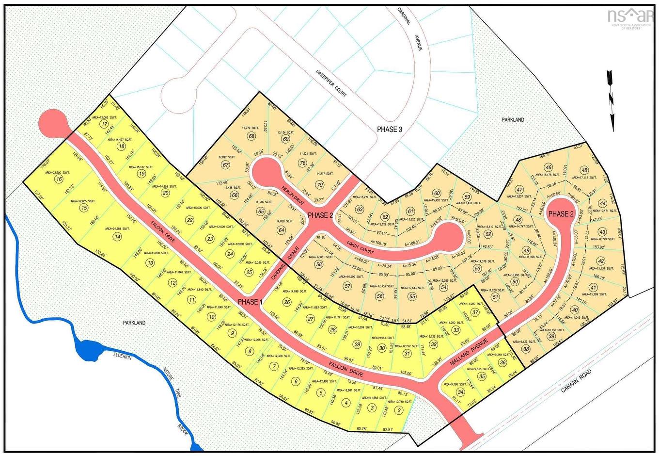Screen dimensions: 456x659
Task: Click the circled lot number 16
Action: (x=59, y=179)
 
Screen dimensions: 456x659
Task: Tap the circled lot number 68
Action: (x=251, y=136)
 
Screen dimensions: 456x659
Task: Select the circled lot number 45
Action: (x=585, y=170)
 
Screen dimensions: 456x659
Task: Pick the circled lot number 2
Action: (x=399, y=410)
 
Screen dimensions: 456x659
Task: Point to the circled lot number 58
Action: (x=319, y=265)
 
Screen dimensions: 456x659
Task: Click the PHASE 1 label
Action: (x=250, y=302)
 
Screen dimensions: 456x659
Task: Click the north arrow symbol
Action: (x=611, y=100)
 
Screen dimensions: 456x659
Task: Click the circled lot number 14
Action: (x=117, y=236)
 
